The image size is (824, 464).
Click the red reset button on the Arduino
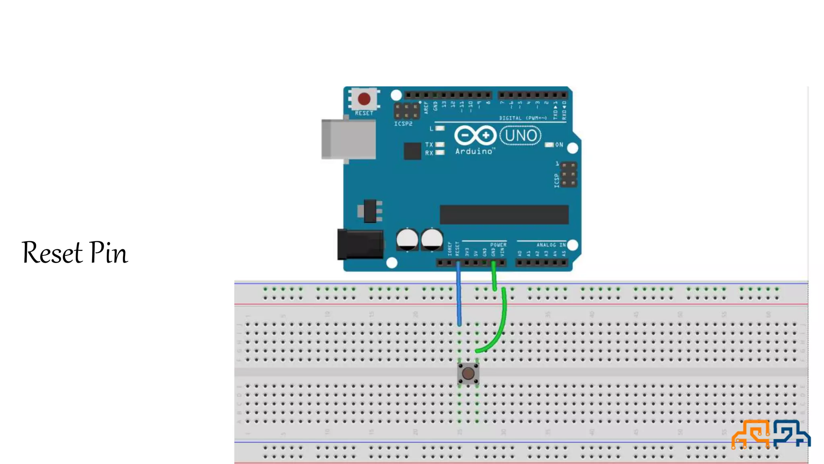point(364,99)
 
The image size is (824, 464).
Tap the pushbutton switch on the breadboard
point(468,374)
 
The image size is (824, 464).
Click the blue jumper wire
point(459,294)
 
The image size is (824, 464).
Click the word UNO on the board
point(521,136)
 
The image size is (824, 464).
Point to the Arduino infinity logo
point(475,135)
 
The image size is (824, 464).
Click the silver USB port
point(348,139)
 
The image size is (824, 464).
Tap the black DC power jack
point(360,244)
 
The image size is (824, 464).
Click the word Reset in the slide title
point(52,253)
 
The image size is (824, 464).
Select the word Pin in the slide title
point(108,253)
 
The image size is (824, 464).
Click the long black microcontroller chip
point(504,214)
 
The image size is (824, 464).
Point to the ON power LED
point(549,145)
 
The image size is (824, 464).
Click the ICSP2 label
point(403,124)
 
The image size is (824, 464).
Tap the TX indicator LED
point(440,144)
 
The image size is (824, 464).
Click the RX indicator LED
point(440,153)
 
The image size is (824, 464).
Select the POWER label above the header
point(498,245)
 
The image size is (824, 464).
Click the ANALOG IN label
point(551,245)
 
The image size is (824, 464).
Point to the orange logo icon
point(751,434)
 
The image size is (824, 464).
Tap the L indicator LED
point(440,128)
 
